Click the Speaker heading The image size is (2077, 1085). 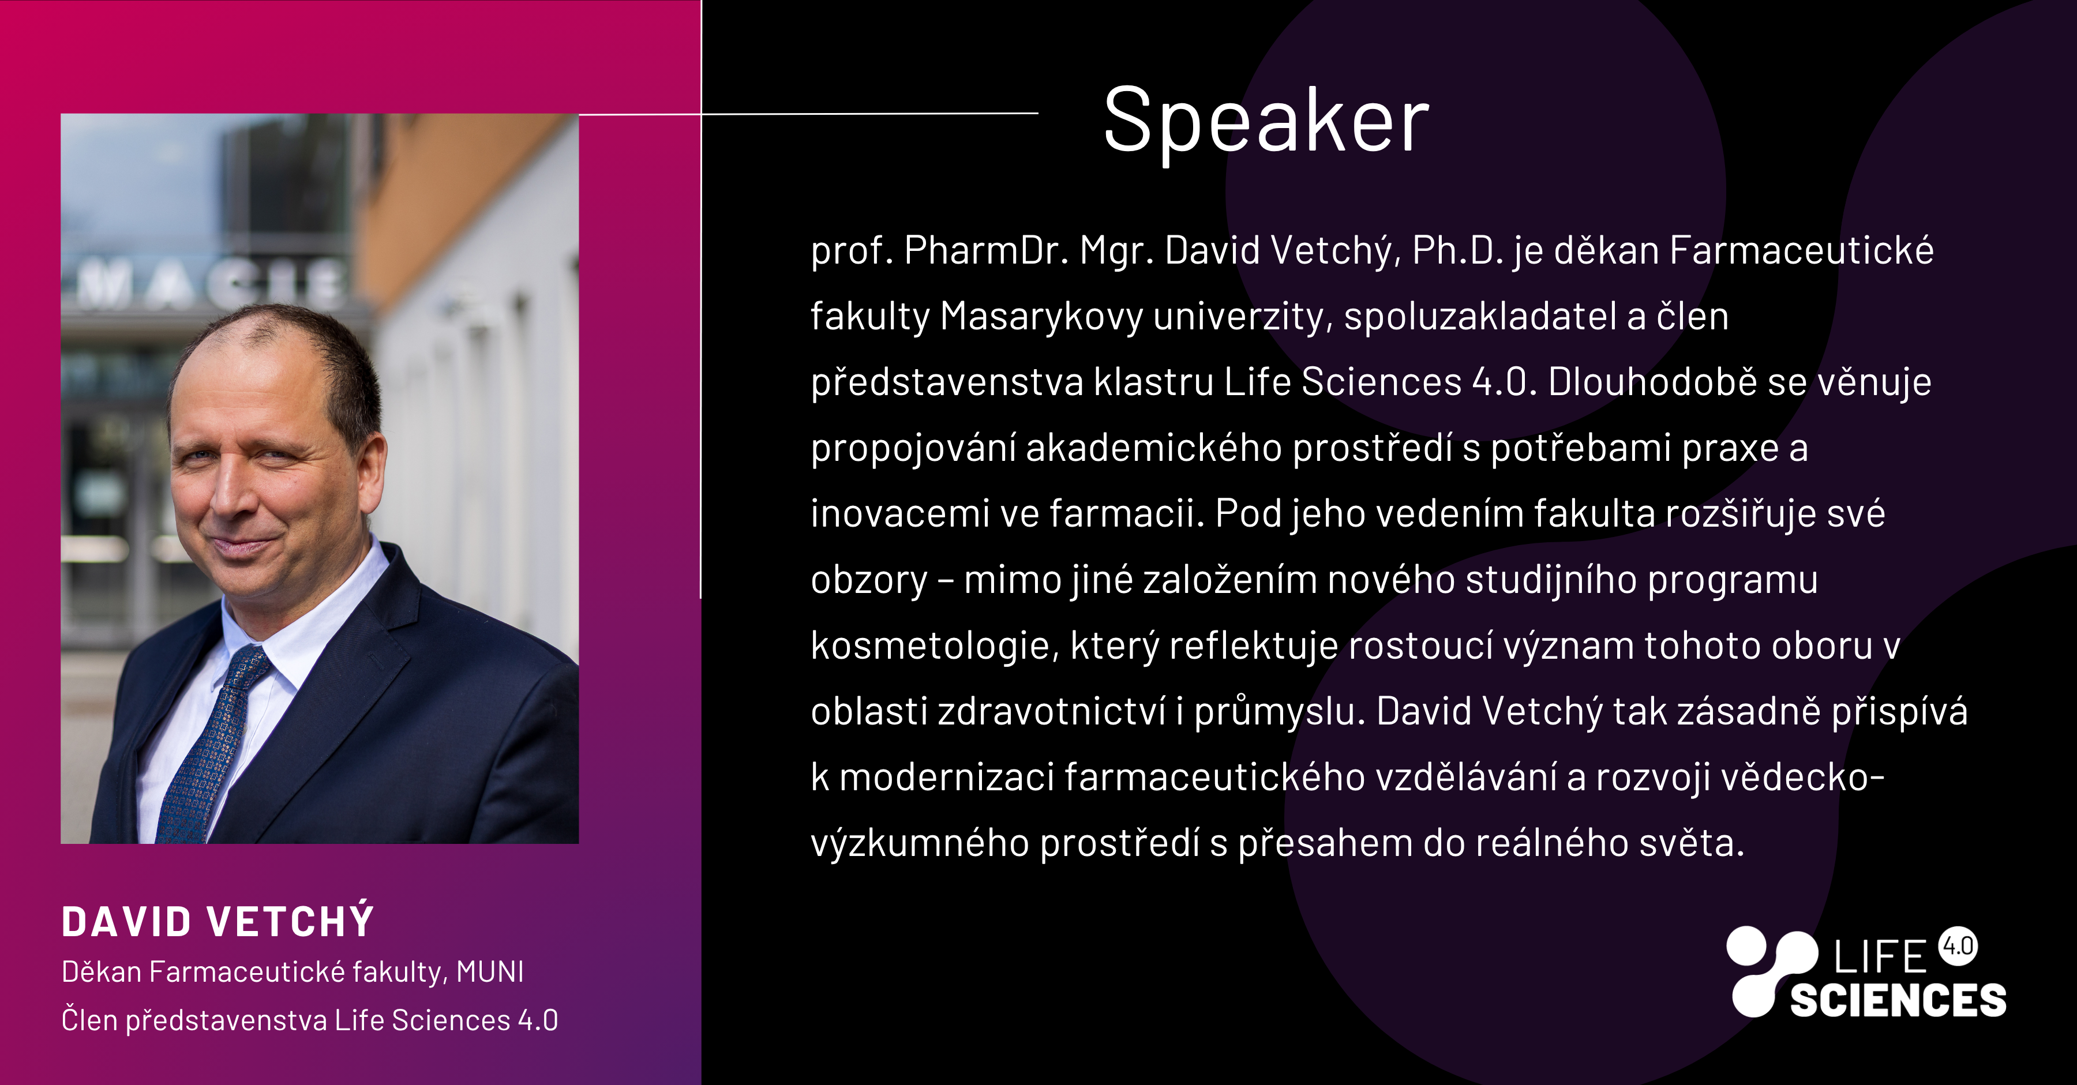coord(1266,122)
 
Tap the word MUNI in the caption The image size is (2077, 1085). coord(490,972)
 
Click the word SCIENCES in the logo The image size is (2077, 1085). coord(1898,1000)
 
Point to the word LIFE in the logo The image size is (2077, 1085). coord(1880,957)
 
